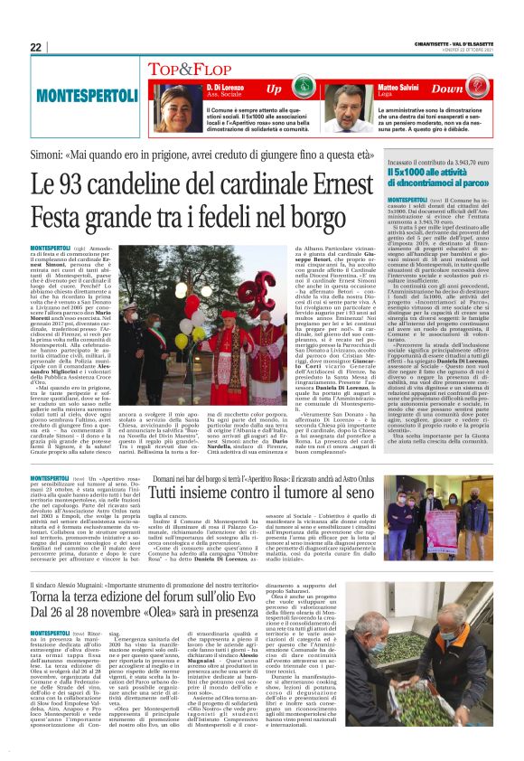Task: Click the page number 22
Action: (36, 47)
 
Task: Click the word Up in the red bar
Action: (274, 89)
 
